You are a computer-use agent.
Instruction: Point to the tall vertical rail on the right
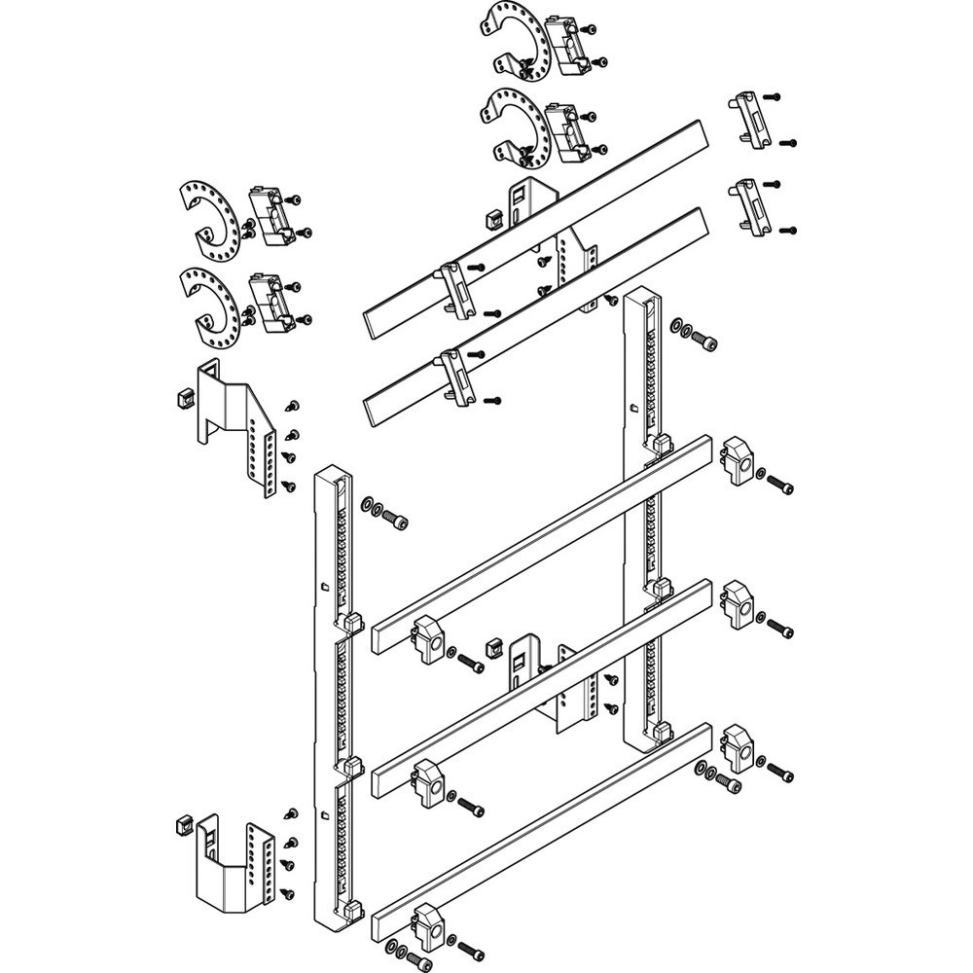point(642,486)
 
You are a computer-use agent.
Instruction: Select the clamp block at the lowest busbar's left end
point(428,927)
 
